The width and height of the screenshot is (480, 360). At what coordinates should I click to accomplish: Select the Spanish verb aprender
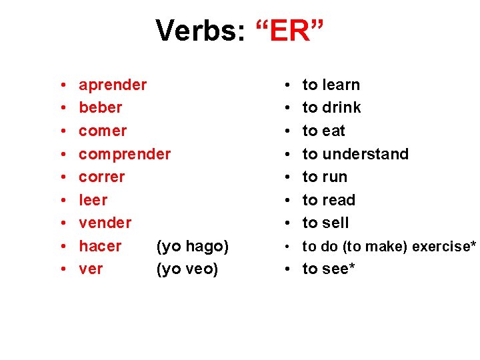tap(113, 85)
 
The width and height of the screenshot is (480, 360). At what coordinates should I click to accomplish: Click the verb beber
tap(101, 107)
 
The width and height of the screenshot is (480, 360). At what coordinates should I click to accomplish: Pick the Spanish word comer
tap(103, 131)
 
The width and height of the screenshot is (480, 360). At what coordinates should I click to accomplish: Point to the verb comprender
tap(125, 154)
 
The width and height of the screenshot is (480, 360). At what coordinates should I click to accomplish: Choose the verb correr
tap(102, 177)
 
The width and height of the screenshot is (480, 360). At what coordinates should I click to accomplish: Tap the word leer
tap(93, 200)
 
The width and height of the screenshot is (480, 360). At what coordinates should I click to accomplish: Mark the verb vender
tap(105, 223)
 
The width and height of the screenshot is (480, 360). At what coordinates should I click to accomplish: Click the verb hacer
tap(100, 246)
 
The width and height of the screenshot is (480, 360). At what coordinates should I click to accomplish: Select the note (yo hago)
tap(192, 247)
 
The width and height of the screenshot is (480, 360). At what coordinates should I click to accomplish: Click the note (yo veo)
tap(187, 269)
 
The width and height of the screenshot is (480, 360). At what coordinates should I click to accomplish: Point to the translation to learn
tap(331, 85)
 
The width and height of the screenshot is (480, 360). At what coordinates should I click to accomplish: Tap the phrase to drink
tap(332, 107)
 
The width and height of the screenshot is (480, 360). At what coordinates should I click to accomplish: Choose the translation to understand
tap(355, 154)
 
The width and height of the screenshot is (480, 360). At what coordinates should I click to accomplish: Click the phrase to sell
tap(326, 223)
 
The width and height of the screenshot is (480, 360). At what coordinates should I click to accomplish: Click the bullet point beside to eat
tap(285, 131)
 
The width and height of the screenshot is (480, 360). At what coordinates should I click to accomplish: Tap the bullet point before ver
tap(61, 269)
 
